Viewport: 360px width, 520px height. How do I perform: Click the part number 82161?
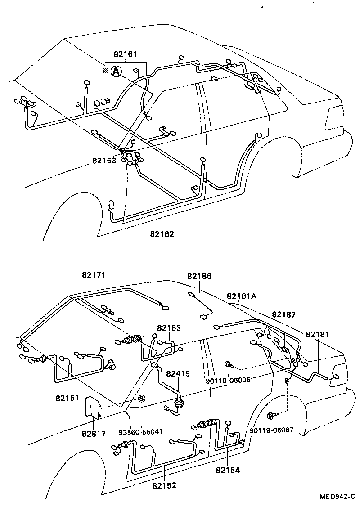[125, 54]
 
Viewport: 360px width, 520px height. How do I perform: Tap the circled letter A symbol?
[116, 71]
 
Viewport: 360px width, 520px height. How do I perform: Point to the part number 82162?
[162, 233]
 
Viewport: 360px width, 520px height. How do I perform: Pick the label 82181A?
[242, 296]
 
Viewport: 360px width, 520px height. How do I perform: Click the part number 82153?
[169, 328]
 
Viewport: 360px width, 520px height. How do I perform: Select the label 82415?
[178, 373]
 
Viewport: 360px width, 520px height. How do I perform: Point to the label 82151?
[67, 398]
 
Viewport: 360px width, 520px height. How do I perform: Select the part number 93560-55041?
[141, 431]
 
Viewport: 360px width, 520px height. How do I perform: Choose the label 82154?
[227, 470]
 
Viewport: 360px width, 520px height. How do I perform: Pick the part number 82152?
[164, 485]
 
